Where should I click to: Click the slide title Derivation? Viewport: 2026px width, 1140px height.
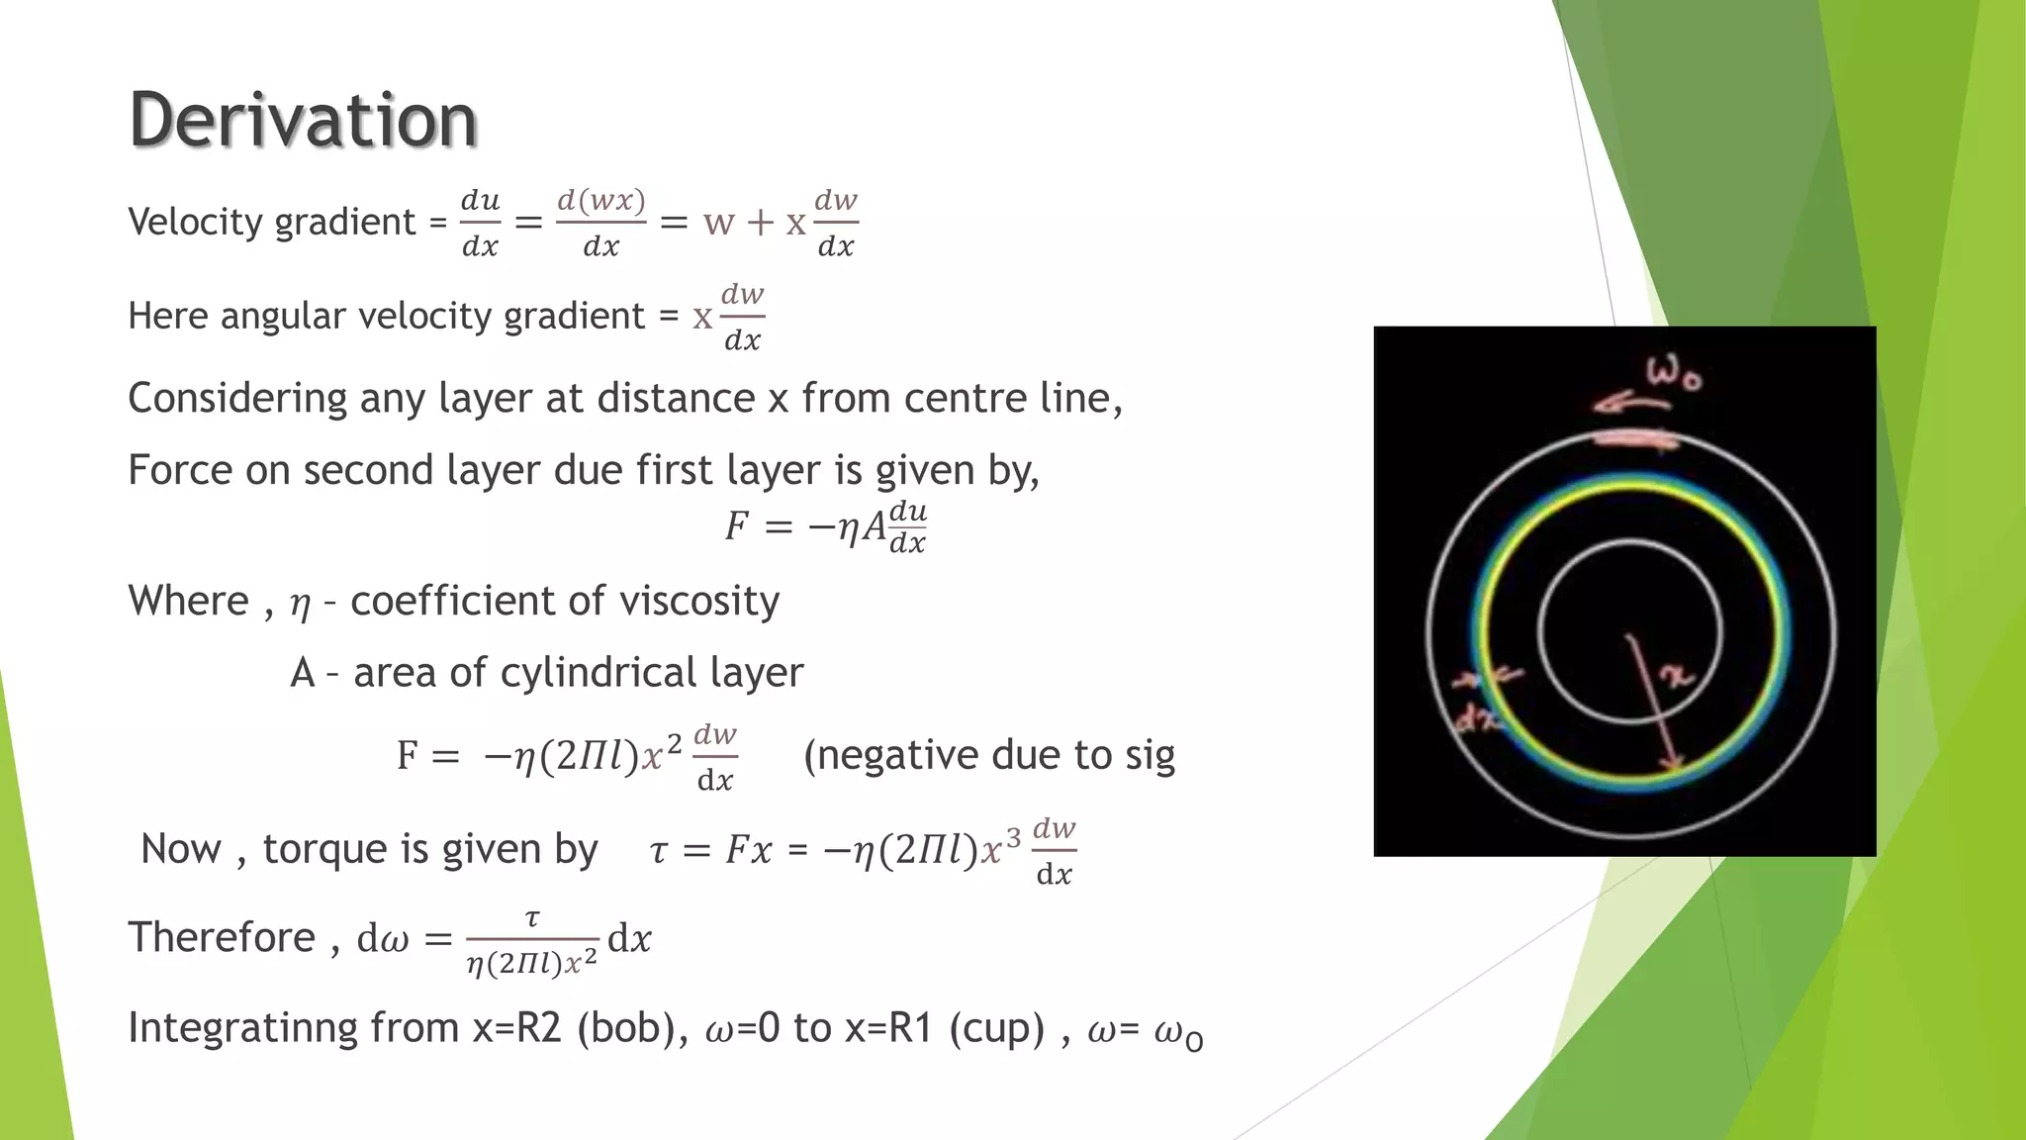pos(303,120)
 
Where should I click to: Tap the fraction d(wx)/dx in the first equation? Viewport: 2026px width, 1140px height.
pos(600,223)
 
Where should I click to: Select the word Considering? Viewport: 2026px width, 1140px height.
pos(236,399)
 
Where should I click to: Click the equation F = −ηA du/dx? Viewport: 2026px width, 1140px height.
pos(825,526)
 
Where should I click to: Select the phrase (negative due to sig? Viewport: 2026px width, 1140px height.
pos(988,755)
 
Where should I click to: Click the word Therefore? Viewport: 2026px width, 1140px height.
pos(222,937)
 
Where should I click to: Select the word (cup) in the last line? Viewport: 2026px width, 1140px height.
pos(996,1028)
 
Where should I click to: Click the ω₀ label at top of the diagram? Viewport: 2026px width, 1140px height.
pos(1672,376)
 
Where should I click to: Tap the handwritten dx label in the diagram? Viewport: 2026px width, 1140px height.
pos(1476,720)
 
